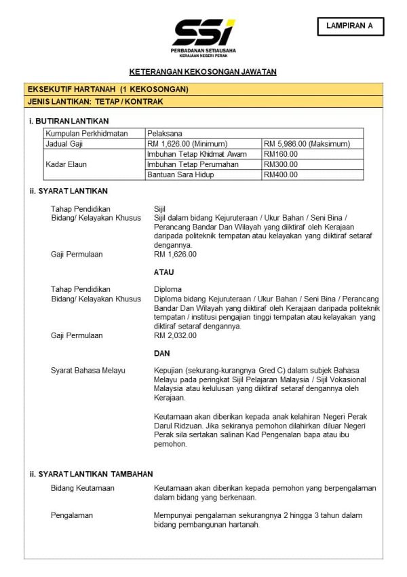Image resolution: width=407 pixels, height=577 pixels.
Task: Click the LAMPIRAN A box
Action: [350, 26]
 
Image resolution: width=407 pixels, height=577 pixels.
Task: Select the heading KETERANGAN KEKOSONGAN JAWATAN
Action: [203, 71]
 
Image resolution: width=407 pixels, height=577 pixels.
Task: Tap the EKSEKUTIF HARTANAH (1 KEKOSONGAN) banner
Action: [108, 89]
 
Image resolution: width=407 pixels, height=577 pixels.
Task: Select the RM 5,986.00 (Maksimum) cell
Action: [307, 144]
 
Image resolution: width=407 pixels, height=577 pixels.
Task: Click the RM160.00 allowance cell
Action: [281, 154]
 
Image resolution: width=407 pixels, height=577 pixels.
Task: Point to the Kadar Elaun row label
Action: [66, 164]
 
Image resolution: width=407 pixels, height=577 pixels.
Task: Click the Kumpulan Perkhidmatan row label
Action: [86, 134]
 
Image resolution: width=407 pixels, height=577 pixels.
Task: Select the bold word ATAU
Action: [164, 272]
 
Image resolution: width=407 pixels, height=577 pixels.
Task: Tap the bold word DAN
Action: [162, 353]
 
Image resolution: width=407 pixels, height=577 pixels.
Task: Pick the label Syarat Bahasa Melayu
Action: [88, 370]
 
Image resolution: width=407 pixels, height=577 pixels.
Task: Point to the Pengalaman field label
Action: [72, 515]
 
